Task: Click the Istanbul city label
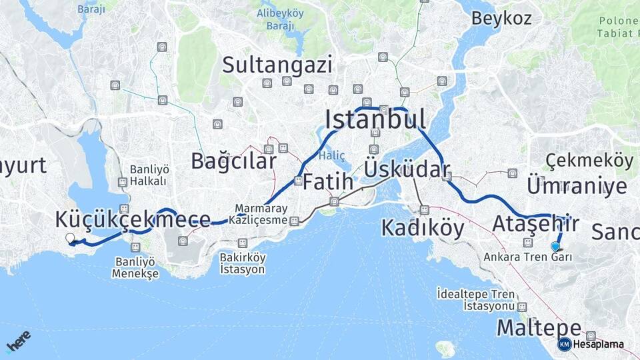click(375, 119)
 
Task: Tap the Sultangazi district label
click(277, 65)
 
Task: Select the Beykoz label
click(501, 18)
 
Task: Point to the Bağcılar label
click(233, 161)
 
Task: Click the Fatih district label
click(328, 181)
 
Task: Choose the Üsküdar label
click(407, 169)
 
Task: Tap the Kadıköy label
click(423, 228)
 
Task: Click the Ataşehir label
click(535, 224)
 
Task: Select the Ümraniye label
click(577, 186)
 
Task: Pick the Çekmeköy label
click(589, 160)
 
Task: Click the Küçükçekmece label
click(133, 219)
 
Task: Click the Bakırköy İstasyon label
click(243, 263)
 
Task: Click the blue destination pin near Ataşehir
click(555, 247)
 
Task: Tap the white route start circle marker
click(70, 238)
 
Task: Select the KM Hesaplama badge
click(591, 344)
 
